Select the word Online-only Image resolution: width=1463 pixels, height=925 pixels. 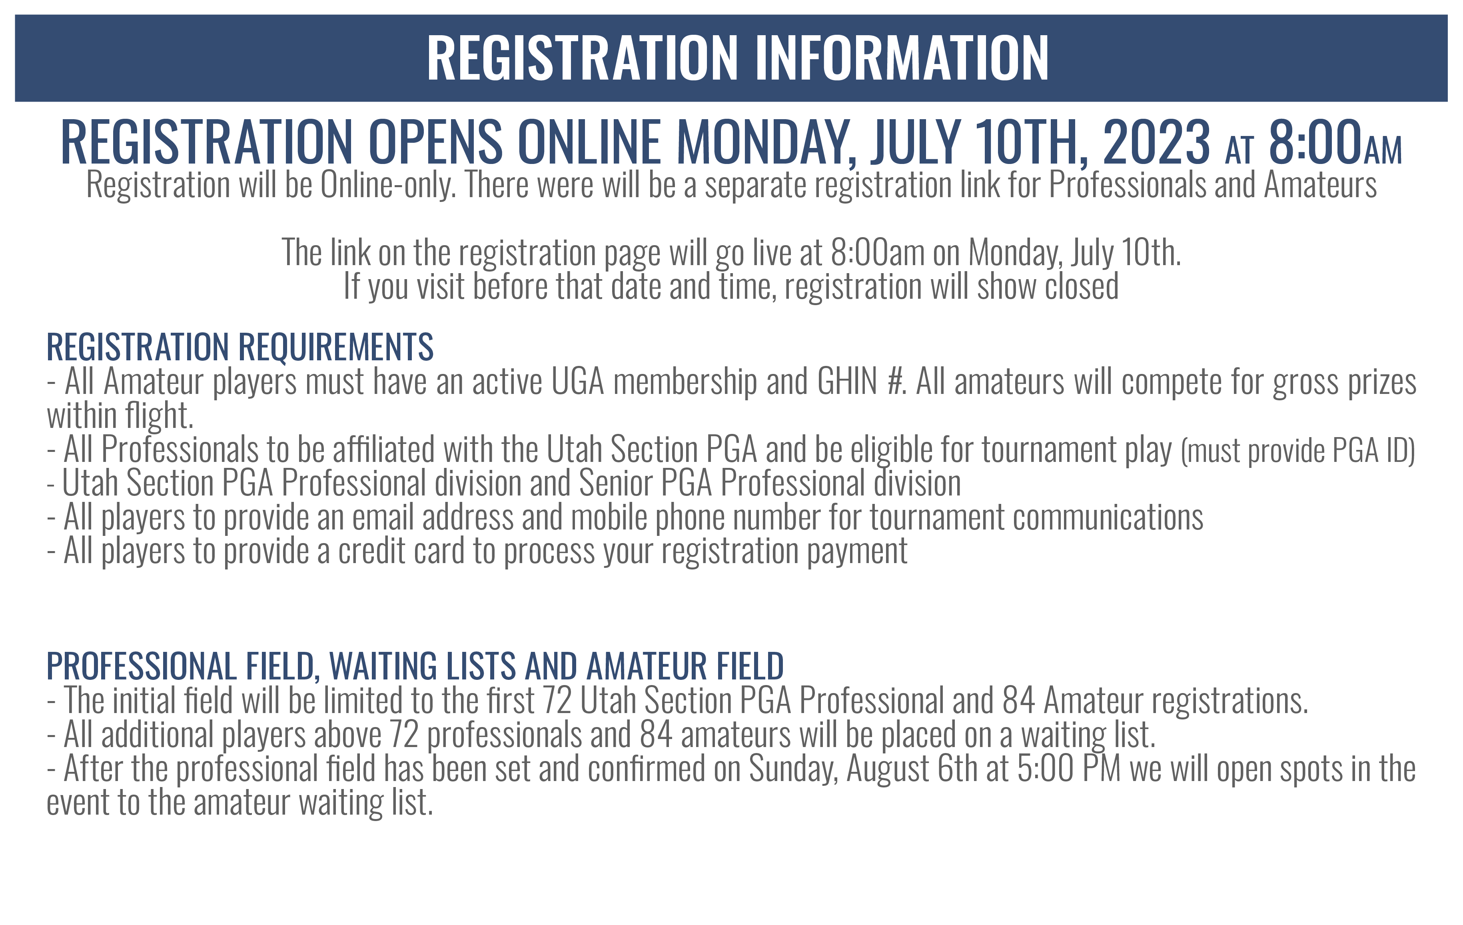(x=388, y=186)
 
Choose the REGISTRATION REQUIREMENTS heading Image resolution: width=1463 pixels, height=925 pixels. (x=240, y=347)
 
